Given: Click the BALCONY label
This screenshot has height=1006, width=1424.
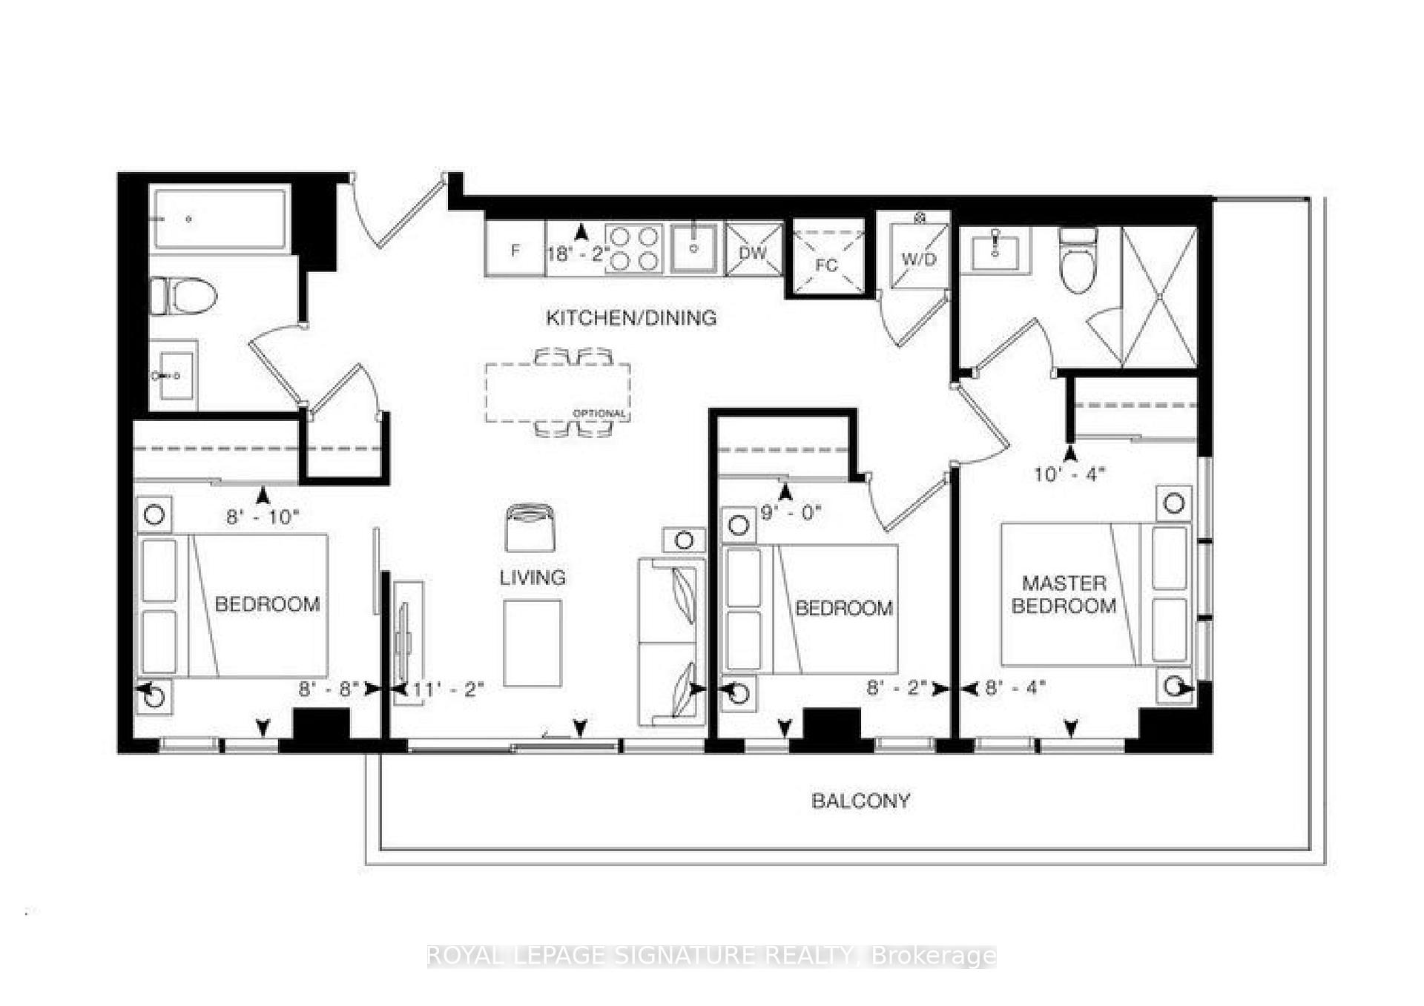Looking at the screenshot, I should click(860, 801).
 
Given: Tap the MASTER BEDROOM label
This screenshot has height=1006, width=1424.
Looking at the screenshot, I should click(1064, 595).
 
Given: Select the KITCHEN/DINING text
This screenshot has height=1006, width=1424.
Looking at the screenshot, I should click(631, 318).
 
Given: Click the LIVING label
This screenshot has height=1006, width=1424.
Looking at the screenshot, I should click(533, 578).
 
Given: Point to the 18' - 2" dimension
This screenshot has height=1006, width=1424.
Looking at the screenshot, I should click(578, 254).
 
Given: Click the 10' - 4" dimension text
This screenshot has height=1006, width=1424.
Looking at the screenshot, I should click(1069, 474).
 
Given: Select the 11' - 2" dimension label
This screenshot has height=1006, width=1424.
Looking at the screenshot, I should click(448, 689).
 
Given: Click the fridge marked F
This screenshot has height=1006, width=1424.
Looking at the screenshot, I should click(515, 250).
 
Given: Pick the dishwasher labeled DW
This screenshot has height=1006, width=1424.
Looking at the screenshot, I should click(754, 251).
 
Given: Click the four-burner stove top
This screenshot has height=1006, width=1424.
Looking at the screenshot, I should click(633, 248).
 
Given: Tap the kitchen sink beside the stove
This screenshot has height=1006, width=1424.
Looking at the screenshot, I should click(694, 248).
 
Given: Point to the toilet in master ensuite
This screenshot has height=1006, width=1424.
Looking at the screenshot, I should click(1078, 263).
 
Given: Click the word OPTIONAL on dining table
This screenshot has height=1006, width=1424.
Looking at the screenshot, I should click(599, 413).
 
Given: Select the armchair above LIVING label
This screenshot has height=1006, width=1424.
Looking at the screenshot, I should click(530, 527).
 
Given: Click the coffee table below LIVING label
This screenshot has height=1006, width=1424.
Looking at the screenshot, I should click(532, 643).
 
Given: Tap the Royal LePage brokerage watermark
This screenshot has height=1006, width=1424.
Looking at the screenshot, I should click(711, 956).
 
